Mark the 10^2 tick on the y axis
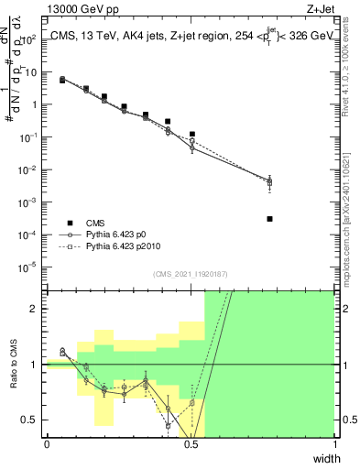point(28,40)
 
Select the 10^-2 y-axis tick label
point(28,169)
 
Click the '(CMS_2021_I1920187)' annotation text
point(191,274)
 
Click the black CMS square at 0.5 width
point(191,135)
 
